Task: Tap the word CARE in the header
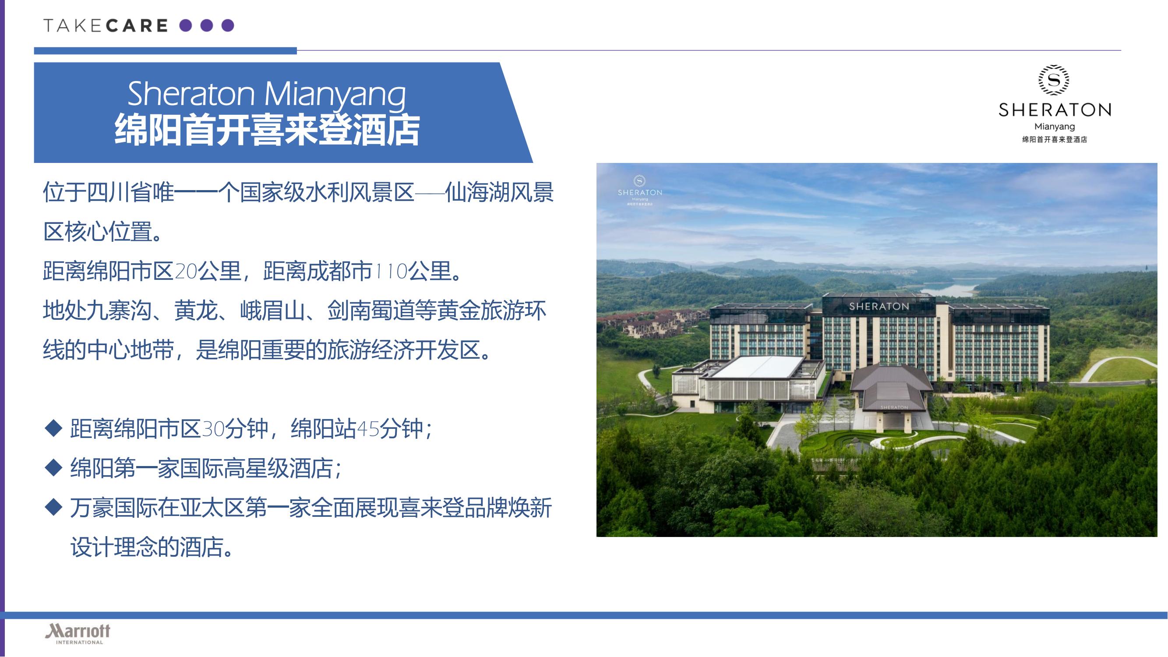coord(137,26)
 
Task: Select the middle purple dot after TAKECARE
coord(206,25)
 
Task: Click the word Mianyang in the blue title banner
coord(335,94)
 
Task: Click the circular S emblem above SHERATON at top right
coord(1054,80)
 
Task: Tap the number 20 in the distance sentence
coord(186,272)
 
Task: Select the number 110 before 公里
coord(390,272)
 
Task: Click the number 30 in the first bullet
coord(213,428)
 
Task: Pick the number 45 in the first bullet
coord(368,428)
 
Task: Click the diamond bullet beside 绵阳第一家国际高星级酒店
coord(54,467)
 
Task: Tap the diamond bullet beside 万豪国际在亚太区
coord(54,507)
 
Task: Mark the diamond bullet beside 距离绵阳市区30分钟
coord(54,428)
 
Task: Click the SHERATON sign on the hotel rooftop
coord(879,307)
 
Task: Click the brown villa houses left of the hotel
coord(653,322)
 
